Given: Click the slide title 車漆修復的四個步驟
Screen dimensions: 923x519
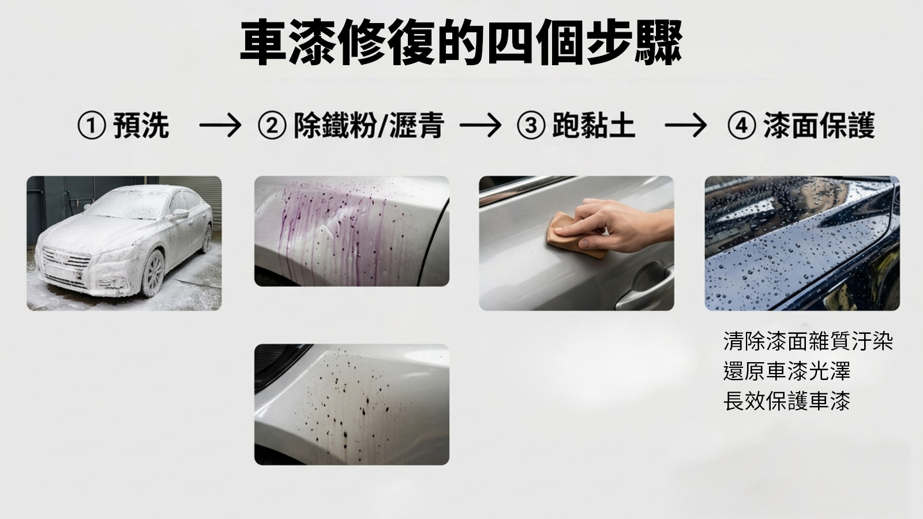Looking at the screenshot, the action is tap(461, 43).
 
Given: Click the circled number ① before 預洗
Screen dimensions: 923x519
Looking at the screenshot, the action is tap(92, 126).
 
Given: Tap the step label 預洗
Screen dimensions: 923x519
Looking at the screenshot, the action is tap(141, 126).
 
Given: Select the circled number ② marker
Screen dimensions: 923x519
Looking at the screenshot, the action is tap(272, 126).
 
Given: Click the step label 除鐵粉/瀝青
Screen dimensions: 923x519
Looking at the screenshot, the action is tap(369, 126).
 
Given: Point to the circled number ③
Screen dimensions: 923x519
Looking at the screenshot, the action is tap(531, 126).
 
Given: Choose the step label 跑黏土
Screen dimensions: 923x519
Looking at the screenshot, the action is tap(594, 126).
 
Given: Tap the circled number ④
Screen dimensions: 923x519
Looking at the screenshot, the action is tap(742, 126).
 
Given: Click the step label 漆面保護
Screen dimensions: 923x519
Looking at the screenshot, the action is tap(819, 126).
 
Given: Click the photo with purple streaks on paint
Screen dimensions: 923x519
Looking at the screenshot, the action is tap(352, 231).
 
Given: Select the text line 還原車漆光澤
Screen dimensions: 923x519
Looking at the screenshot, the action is tap(787, 371).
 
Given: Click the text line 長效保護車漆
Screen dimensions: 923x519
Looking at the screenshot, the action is tap(787, 401).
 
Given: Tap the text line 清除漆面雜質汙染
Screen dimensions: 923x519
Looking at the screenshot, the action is tap(808, 341).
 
